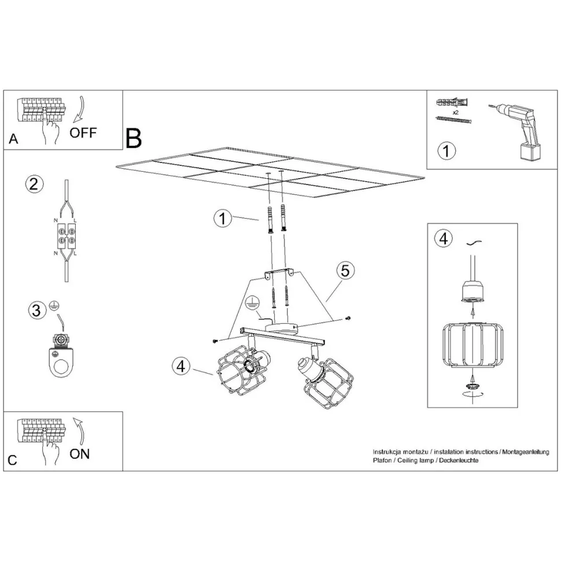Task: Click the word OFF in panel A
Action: click(x=83, y=133)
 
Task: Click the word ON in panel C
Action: click(x=79, y=453)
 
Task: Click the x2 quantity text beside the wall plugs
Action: click(x=456, y=112)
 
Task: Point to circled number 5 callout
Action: click(x=345, y=271)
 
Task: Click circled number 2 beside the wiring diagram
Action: click(x=34, y=184)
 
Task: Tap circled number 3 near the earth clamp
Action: click(x=37, y=310)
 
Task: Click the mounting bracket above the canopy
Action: click(x=279, y=274)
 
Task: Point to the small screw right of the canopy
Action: click(x=348, y=318)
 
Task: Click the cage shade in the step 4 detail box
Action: click(x=473, y=345)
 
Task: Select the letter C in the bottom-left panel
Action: click(x=12, y=460)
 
